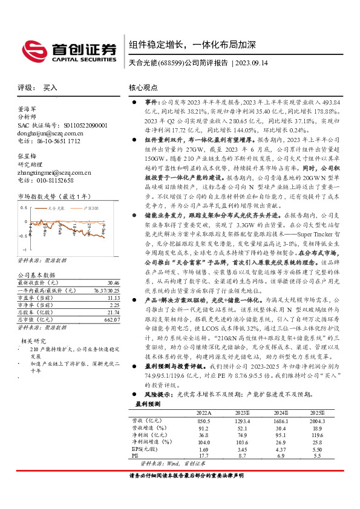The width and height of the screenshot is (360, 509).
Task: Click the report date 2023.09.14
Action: (250, 63)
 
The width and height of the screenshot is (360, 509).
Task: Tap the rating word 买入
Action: (50, 88)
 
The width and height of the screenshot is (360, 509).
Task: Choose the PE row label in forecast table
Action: (136, 456)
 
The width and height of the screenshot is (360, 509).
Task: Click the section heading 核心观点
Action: (143, 88)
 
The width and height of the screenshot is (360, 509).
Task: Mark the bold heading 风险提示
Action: (157, 394)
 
